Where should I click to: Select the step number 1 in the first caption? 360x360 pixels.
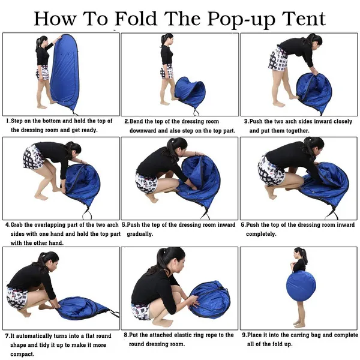8,121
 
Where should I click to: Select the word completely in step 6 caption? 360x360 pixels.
262,234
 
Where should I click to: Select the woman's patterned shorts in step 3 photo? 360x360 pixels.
278,59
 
